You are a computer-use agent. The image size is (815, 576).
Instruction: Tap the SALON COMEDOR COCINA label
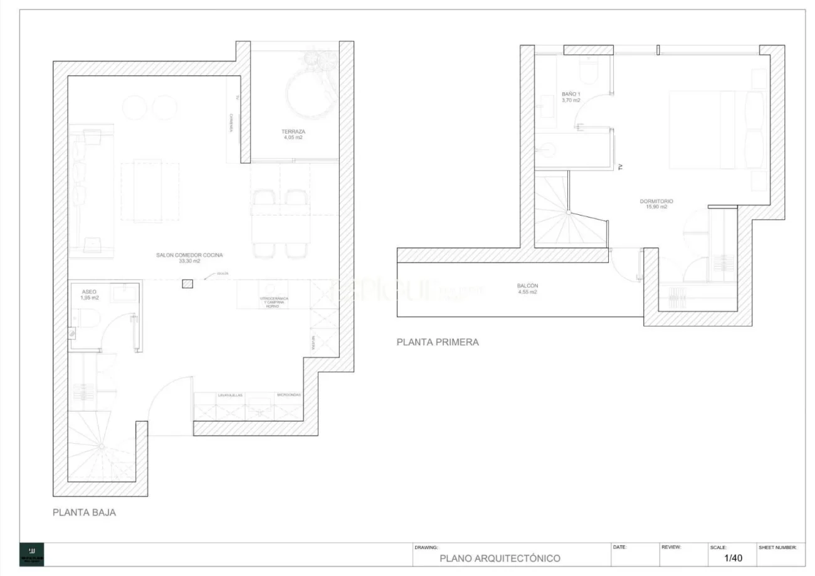point(190,255)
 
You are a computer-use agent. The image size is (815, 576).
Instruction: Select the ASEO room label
point(90,292)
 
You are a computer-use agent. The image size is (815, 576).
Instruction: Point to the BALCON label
point(527,286)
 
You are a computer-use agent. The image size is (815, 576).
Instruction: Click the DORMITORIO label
point(656,201)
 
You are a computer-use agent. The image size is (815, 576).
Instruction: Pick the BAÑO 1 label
point(570,94)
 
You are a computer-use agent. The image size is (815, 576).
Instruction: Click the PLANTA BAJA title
point(84,512)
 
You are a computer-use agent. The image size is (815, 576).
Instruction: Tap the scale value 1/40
point(733,557)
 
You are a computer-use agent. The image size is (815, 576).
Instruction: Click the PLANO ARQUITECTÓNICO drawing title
point(500,558)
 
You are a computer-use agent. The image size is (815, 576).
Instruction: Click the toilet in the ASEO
point(87,320)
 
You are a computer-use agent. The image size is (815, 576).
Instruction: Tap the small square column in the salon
point(187,284)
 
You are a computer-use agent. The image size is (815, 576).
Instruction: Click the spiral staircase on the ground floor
point(100,446)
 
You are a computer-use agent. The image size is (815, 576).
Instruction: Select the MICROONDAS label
point(289,395)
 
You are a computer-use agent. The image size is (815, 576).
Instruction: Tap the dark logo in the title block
point(31,554)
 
